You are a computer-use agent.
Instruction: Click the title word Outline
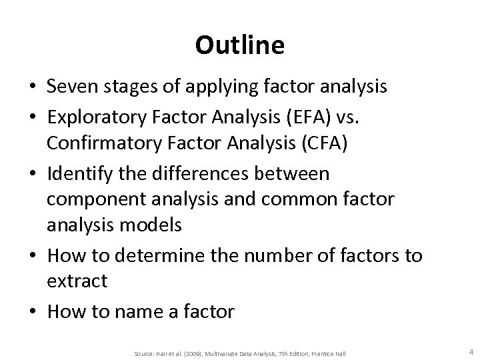coord(240,45)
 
